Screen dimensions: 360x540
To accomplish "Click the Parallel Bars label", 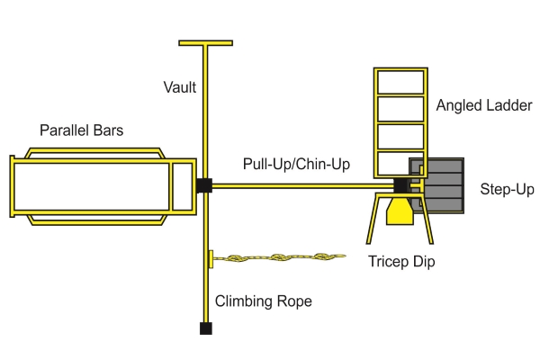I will point(81,130).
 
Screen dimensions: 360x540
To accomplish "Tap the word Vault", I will point(180,87).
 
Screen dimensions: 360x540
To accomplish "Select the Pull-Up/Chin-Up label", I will point(297,164).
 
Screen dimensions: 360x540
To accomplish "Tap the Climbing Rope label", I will point(264,301).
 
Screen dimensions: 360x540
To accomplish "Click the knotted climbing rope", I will point(279,258).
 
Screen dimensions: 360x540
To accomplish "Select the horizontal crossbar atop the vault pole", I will point(205,42).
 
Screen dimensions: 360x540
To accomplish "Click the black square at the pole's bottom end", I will point(205,328).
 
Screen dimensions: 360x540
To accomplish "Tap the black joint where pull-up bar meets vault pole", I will point(204,186).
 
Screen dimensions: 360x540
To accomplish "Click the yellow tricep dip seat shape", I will point(400,211).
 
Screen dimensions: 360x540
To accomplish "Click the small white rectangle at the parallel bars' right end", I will point(183,187).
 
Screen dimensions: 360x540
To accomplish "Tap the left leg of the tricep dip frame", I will point(372,220).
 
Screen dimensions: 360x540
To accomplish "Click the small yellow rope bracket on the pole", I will point(210,258).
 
